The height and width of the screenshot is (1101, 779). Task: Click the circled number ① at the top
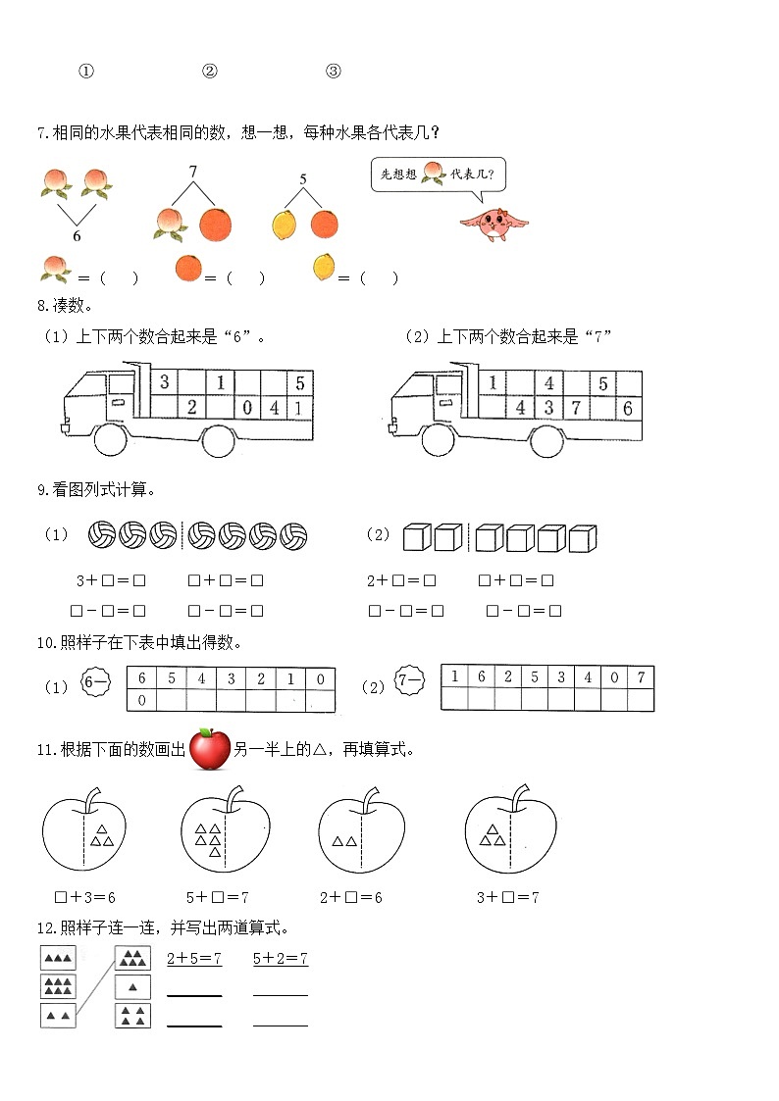pos(86,71)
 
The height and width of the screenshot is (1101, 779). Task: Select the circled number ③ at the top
pos(333,71)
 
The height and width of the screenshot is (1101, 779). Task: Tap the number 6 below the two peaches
pos(77,235)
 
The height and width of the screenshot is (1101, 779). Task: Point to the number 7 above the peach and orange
pos(193,172)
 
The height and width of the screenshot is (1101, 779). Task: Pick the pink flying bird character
pos(493,222)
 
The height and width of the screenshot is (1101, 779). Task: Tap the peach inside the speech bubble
pos(433,175)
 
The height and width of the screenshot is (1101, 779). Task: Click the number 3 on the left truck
pos(165,382)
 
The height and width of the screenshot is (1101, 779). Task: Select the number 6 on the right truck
pos(627,409)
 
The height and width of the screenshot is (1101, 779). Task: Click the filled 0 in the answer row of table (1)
pos(141,700)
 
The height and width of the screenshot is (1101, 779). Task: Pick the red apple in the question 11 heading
pos(209,750)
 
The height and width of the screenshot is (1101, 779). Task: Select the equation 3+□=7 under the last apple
pos(508,896)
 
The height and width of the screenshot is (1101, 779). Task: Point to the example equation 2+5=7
pos(194,958)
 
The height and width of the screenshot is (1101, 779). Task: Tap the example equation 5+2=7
pos(280,958)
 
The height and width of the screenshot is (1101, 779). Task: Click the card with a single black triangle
pos(132,987)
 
